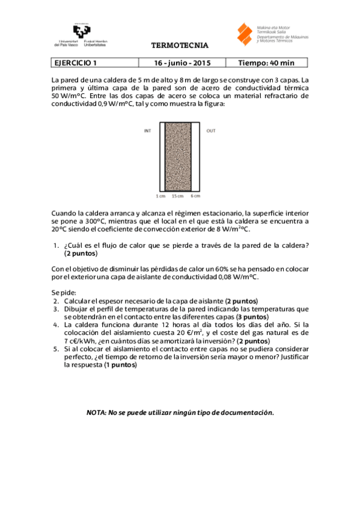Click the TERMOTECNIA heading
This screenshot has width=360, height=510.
180,45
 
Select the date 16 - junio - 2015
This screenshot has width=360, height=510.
182,63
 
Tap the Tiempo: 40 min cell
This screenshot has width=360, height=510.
266,63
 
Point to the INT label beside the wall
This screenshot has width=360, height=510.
147,131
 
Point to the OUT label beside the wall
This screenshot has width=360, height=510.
211,131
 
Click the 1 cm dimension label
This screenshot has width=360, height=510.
160,195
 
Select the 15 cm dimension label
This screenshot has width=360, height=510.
177,195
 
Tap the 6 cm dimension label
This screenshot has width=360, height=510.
196,195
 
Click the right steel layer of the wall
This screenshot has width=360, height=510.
196,156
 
